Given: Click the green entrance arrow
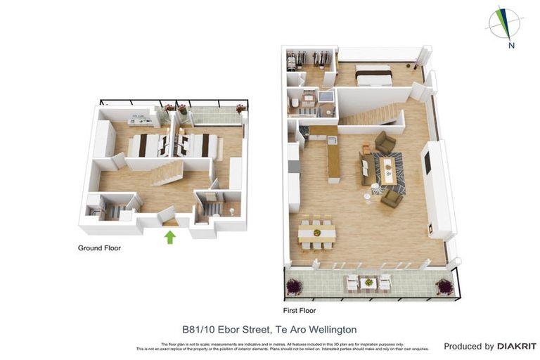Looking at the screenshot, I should [x=169, y=237].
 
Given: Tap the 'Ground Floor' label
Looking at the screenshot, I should [x=99, y=248].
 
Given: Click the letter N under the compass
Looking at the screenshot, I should [x=512, y=46].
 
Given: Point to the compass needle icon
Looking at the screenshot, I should [x=504, y=22].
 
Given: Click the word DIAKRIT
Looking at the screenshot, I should [x=517, y=346].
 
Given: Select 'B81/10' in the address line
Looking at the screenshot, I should [x=198, y=329].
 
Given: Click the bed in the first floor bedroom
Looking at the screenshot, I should [x=373, y=75].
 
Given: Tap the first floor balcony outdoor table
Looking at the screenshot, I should [x=368, y=283].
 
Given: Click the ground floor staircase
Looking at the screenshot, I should [x=167, y=172].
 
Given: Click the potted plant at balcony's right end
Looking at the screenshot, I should [x=444, y=286].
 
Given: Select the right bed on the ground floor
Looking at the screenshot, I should [x=198, y=145].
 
